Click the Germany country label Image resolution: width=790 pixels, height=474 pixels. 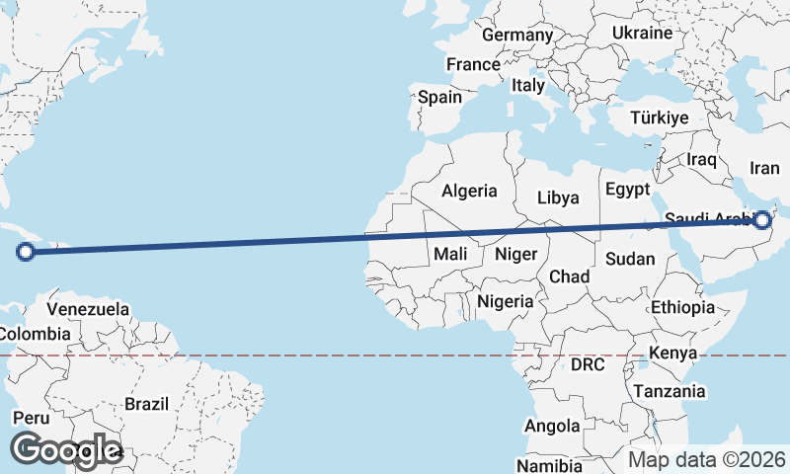coord(517,35)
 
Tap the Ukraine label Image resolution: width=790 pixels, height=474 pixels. coord(642,33)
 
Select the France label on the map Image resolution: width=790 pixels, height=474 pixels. coord(473,64)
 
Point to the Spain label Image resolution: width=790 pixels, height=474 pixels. coord(439,97)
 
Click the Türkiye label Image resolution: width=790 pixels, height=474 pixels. coord(659,118)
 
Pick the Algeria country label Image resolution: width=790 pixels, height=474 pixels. coord(470,191)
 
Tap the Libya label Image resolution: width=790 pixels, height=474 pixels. coord(558,197)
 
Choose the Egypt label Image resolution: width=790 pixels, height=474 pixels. coord(628,189)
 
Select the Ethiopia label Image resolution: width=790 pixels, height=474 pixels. coord(682,307)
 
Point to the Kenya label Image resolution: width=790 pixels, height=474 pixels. coord(673,353)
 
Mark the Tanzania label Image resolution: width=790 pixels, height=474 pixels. coord(671,391)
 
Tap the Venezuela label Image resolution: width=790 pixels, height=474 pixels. coord(88,309)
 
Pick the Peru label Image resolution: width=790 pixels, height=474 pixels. coord(31,418)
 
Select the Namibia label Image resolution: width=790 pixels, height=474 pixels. coord(549,464)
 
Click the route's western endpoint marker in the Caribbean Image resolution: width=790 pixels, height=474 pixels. coord(27,252)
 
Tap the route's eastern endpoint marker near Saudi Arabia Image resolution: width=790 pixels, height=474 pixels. coord(761,219)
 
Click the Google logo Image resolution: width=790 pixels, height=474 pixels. coord(66,450)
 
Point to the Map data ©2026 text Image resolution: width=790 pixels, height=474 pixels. coord(707,459)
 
